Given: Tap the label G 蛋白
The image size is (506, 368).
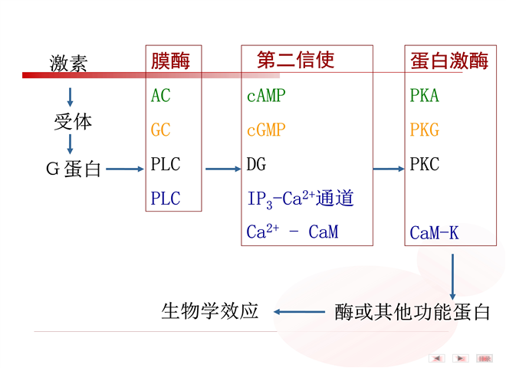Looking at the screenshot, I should [x=74, y=169].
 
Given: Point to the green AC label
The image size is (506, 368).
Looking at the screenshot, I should [x=161, y=97].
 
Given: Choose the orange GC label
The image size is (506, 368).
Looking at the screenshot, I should [x=161, y=130].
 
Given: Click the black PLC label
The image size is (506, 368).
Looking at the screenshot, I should [x=166, y=164].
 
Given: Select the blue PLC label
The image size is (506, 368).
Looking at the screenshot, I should [x=166, y=199].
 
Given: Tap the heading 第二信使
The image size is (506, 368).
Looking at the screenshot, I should [x=296, y=60].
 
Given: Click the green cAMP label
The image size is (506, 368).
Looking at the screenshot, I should [x=266, y=97].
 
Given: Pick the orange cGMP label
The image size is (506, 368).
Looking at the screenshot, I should [x=266, y=130].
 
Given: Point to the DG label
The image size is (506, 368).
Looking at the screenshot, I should [x=256, y=164].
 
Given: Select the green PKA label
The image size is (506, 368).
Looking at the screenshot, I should [x=425, y=97].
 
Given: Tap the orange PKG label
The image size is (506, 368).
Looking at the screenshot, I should [x=425, y=130].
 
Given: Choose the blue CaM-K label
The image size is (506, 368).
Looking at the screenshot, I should [x=434, y=232].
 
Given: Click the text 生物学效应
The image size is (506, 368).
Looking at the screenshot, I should [x=210, y=311].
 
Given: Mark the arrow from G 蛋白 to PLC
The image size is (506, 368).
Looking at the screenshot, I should [x=125, y=169].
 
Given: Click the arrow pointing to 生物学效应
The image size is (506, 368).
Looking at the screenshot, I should [x=300, y=311].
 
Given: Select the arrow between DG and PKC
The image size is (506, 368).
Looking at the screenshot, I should [x=389, y=169].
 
